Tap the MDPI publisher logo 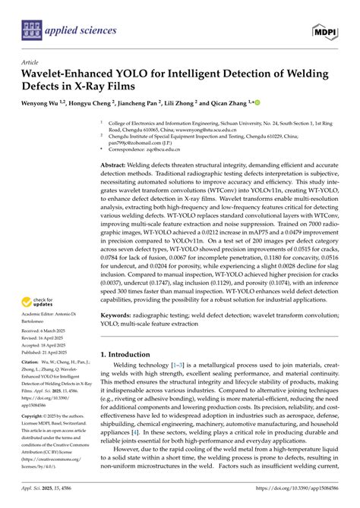coord(324,30)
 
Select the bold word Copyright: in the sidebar coord(36,437)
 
